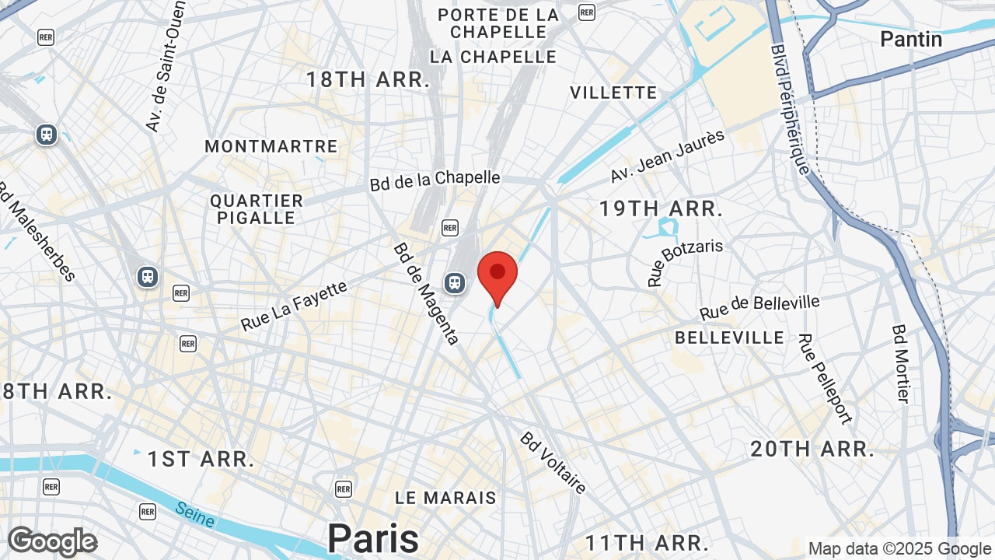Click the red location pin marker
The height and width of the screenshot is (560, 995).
point(497,275)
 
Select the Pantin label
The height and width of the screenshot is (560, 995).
point(911,39)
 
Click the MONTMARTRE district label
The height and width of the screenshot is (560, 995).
point(271,146)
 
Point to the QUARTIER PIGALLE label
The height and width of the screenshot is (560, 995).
point(257,209)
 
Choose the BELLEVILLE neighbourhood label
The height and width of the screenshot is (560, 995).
point(729,338)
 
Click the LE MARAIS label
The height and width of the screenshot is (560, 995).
point(445,498)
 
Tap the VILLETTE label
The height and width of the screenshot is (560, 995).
point(613,93)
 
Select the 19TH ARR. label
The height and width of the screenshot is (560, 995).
point(661,208)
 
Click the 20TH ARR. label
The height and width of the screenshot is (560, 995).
point(812,449)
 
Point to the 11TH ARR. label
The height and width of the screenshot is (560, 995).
point(647,542)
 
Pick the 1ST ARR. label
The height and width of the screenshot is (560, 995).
point(201,459)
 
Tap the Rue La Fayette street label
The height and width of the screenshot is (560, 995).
point(294,306)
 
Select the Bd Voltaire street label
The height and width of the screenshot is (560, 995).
point(553,463)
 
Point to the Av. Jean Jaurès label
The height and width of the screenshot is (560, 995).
point(667,156)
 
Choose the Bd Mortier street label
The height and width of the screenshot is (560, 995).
point(900,363)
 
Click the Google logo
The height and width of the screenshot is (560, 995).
point(52,541)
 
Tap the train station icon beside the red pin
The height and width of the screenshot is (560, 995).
point(455,283)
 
